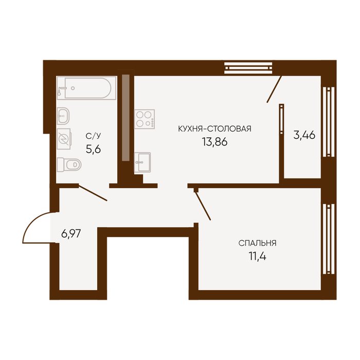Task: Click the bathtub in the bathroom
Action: pos(86,88)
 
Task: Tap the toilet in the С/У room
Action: pos(69,165)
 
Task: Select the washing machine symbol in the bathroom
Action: pos(64,139)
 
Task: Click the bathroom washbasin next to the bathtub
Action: pos(63,116)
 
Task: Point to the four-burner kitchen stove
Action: pos(145,119)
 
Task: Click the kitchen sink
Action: pos(142,163)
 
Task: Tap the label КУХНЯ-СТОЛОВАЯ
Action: pos(214,129)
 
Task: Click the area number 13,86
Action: pos(214,142)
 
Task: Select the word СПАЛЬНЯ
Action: pos(257,243)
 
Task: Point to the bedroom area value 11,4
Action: pos(257,256)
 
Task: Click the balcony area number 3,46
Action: pos(304,135)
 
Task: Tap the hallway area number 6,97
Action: pos(71,233)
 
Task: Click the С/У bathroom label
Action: pos(93,136)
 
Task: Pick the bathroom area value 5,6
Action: pos(93,150)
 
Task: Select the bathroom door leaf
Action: pos(93,193)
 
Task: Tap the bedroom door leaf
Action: pos(203,206)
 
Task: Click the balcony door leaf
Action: pos(274,89)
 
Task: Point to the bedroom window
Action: pos(329,239)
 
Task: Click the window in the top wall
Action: pos(248,68)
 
